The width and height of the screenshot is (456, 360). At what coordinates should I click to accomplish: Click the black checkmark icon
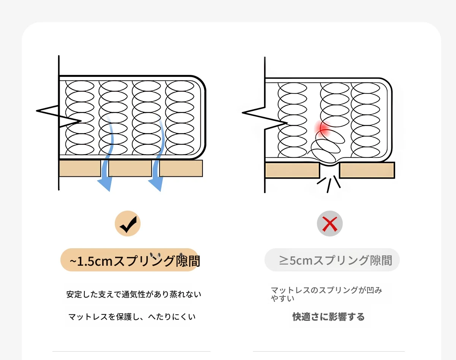pyautogui.click(x=128, y=224)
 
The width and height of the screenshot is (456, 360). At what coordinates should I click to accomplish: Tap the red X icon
pyautogui.click(x=330, y=224)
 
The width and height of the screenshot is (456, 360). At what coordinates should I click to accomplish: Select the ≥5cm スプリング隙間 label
pyautogui.click(x=332, y=260)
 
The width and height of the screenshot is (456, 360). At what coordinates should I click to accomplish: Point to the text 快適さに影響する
pyautogui.click(x=328, y=317)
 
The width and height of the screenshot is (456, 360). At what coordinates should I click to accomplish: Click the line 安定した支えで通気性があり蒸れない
pyautogui.click(x=134, y=294)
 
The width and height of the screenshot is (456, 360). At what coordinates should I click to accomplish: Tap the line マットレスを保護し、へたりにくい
pyautogui.click(x=132, y=316)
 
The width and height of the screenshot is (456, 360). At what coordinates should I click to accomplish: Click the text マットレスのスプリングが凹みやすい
pyautogui.click(x=326, y=294)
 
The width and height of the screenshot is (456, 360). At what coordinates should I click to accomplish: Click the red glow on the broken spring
pyautogui.click(x=324, y=129)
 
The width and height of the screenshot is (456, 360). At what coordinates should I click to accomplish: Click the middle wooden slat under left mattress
pyautogui.click(x=130, y=168)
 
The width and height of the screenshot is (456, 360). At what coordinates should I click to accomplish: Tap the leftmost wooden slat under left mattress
pyautogui.click(x=80, y=168)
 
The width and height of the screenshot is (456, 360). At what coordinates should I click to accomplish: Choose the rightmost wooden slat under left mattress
pyautogui.click(x=181, y=168)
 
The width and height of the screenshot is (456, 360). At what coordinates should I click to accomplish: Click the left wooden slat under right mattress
pyautogui.click(x=292, y=170)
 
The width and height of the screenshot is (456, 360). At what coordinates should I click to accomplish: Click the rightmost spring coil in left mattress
pyautogui.click(x=182, y=118)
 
